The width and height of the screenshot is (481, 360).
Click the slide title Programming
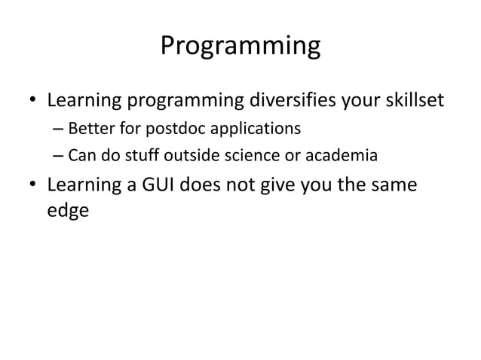click(240, 47)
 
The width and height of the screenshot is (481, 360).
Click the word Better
click(90, 129)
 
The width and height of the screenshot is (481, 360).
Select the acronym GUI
click(157, 185)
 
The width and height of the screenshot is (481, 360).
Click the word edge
click(68, 212)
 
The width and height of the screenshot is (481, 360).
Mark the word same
click(391, 185)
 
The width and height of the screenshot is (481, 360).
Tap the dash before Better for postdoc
click(58, 130)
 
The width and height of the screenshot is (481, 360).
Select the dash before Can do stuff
click(58, 157)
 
